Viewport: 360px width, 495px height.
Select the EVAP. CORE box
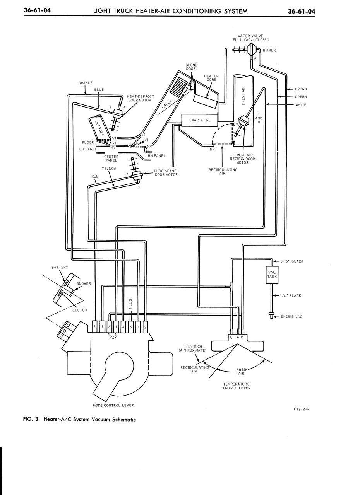200,120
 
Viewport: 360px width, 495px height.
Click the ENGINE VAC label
291,317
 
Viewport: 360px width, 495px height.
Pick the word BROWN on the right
300,89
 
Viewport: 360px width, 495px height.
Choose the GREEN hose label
300,97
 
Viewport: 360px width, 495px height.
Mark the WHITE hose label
300,105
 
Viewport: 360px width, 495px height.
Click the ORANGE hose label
85,83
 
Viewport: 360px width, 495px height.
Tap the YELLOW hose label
109,169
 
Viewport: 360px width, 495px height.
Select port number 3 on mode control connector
95,327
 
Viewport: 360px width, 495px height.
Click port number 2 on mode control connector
145,327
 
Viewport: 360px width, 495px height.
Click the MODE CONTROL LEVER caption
113,405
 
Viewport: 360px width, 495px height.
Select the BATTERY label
60,267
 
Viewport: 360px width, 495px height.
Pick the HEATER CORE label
211,78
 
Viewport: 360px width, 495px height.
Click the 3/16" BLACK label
291,261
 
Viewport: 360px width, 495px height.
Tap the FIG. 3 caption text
80,419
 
